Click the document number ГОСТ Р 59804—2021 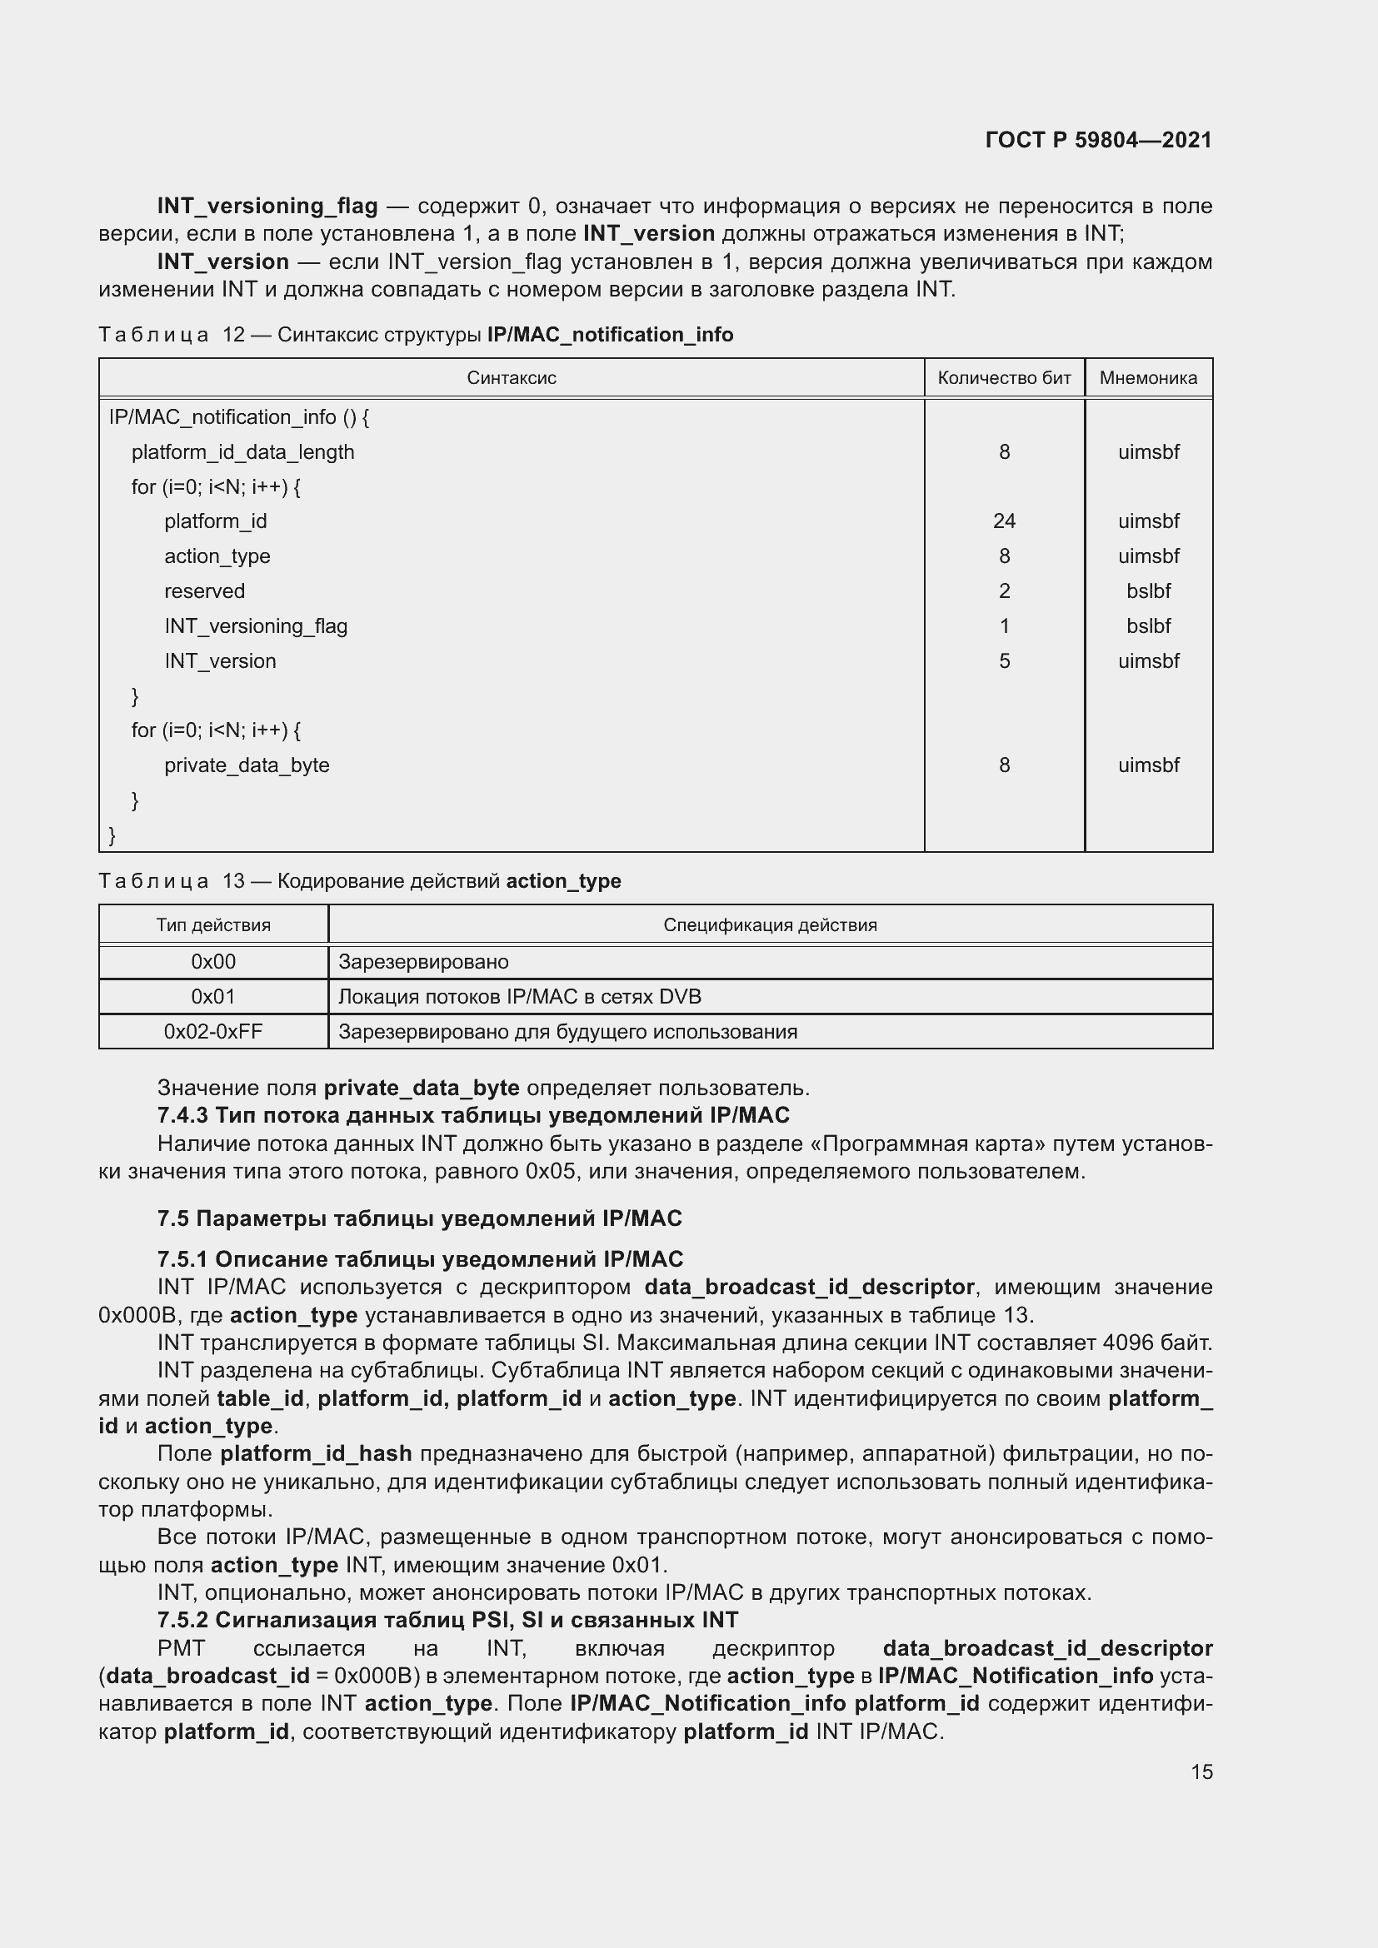pyautogui.click(x=1098, y=140)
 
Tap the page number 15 pyautogui.click(x=1201, y=1771)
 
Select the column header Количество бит pyautogui.click(x=1004, y=378)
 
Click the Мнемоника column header pyautogui.click(x=1148, y=378)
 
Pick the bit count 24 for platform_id pyautogui.click(x=1004, y=521)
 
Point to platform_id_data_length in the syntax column pyautogui.click(x=242, y=452)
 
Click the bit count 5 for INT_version pyautogui.click(x=1004, y=661)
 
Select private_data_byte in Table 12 pyautogui.click(x=247, y=765)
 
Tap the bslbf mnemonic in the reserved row pyautogui.click(x=1148, y=591)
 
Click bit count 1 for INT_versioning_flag pyautogui.click(x=1004, y=626)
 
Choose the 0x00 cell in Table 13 pyautogui.click(x=213, y=962)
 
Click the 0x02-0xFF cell pyautogui.click(x=213, y=1032)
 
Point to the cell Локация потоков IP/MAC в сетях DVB pyautogui.click(x=519, y=997)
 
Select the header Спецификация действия pyautogui.click(x=770, y=924)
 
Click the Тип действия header pyautogui.click(x=213, y=924)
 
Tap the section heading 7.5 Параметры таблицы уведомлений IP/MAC pyautogui.click(x=419, y=1219)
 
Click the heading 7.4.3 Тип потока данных pyautogui.click(x=472, y=1116)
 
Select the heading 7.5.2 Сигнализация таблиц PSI pyautogui.click(x=447, y=1621)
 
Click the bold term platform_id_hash pyautogui.click(x=316, y=1454)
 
